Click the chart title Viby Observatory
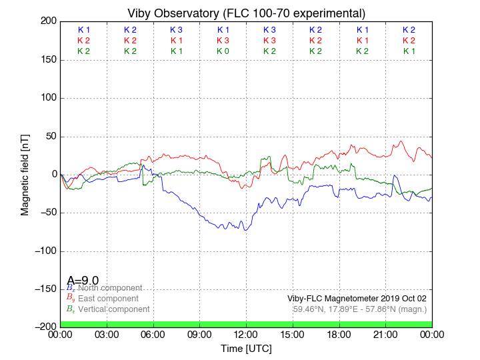tap(246, 13)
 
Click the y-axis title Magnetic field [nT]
tap(25, 173)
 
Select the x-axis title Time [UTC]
tap(246, 349)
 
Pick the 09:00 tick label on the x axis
tap(199, 335)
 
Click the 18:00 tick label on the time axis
tap(339, 335)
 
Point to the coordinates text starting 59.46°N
tap(360, 309)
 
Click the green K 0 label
tap(223, 51)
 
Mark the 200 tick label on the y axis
tap(47, 21)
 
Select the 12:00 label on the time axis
tap(246, 335)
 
